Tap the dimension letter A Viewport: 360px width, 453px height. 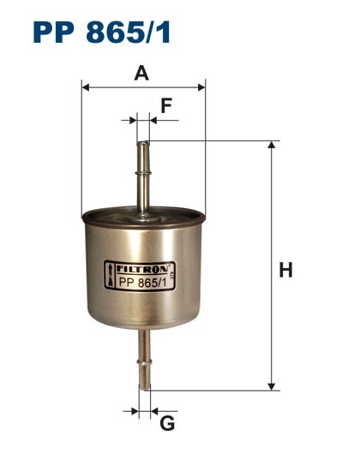[x=142, y=74]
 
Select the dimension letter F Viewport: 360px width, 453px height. [x=166, y=107]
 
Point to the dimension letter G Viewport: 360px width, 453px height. [x=167, y=423]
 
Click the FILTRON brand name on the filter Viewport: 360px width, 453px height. [x=144, y=267]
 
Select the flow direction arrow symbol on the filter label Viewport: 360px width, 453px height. [x=109, y=277]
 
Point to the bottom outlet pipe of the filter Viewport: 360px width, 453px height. [x=143, y=360]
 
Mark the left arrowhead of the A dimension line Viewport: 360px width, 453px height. [x=85, y=86]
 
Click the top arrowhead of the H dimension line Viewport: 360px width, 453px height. [x=272, y=146]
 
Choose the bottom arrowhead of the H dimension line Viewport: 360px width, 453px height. [x=272, y=384]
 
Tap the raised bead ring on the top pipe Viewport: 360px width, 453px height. [x=142, y=173]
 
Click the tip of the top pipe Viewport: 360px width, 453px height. [x=142, y=144]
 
